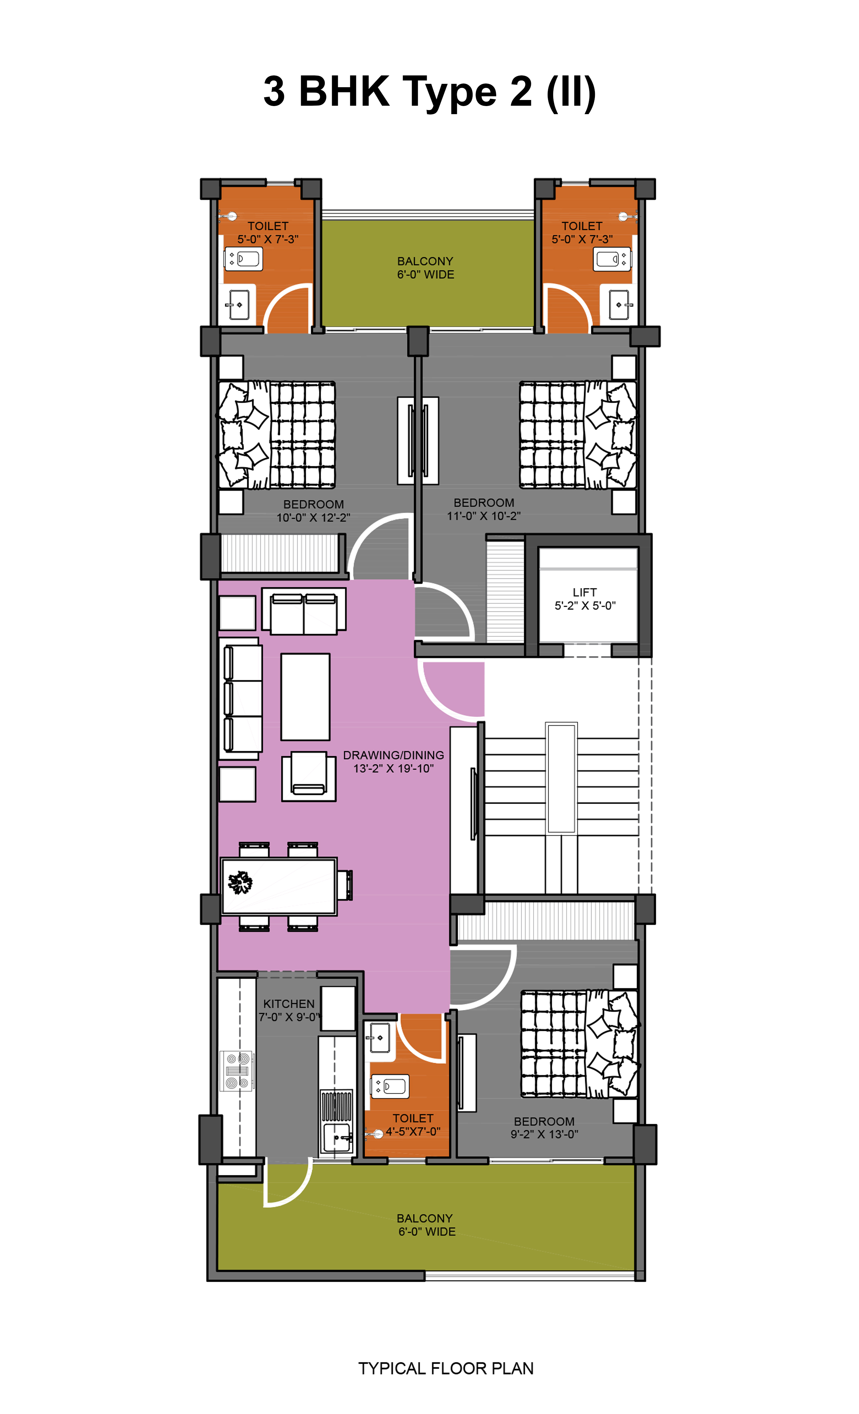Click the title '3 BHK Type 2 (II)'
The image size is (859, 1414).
point(429,92)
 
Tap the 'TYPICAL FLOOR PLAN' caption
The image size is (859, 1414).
point(446,1368)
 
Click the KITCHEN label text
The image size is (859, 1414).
point(289,1004)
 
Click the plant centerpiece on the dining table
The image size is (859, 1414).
point(240,883)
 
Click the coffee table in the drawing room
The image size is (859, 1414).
point(305,697)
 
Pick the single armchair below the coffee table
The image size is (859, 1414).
point(309,776)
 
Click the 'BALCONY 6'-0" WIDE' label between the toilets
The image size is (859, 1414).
point(425,267)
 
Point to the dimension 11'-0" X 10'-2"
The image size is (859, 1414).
point(483,516)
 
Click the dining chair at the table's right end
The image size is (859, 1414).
point(345,885)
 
